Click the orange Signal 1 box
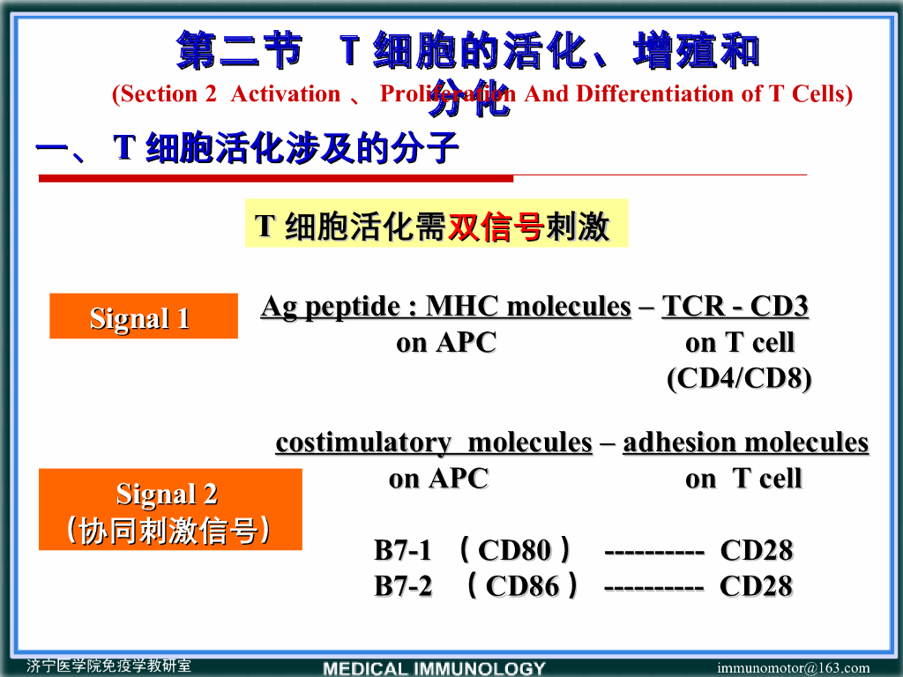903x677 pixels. coord(143,316)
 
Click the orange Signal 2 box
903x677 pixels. coord(169,510)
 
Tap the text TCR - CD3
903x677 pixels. coord(735,307)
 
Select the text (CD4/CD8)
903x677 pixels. coord(738,378)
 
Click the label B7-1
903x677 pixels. coord(403,551)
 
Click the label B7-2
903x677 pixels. coord(403,586)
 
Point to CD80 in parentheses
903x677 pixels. coord(514,551)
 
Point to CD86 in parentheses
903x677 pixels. coord(522,586)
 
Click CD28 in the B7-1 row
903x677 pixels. coord(756,551)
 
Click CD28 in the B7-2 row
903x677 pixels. coord(756,586)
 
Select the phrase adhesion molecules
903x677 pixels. coord(745,443)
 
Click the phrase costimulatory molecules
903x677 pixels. coord(433,443)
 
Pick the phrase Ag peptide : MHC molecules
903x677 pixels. coord(445,307)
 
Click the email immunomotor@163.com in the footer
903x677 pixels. coord(793,667)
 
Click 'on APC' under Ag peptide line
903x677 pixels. coord(445,343)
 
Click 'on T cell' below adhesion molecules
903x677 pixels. coord(743,479)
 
